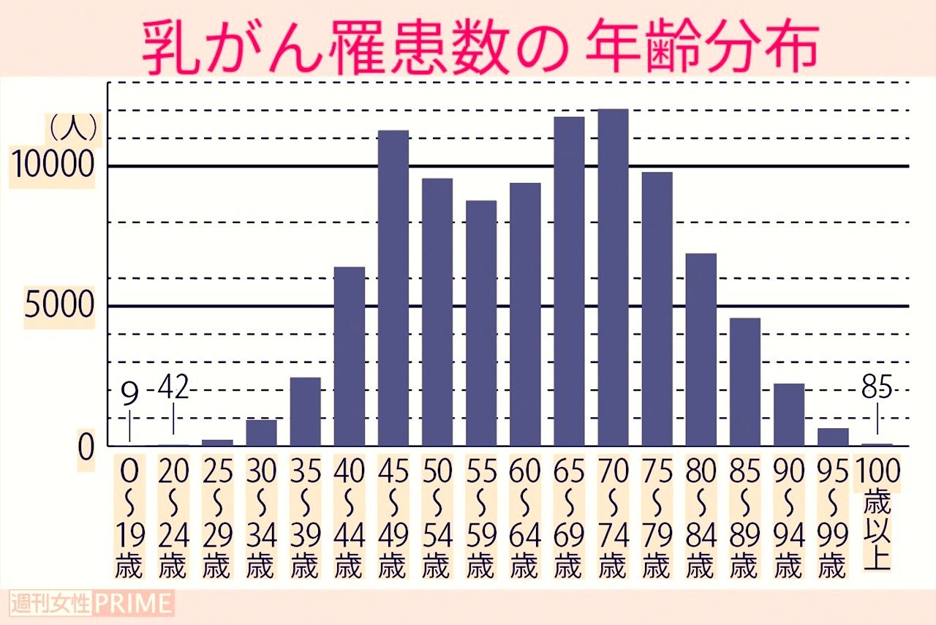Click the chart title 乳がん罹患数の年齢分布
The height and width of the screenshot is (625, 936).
point(479,48)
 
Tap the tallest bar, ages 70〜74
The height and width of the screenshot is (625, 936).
point(613,277)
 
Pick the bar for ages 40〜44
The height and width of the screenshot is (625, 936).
point(350,356)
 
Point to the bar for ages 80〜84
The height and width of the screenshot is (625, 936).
point(701,349)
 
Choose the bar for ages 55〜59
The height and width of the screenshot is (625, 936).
point(481,323)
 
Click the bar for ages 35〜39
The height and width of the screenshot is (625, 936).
point(305,411)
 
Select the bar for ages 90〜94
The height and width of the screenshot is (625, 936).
point(789,414)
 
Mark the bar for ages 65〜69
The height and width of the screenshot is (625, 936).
point(569,281)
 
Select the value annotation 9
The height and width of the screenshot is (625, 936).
point(129,395)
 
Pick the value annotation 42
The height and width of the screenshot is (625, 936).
point(173,388)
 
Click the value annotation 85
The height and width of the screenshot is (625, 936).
point(876,388)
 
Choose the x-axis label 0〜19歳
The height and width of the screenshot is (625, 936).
point(129,517)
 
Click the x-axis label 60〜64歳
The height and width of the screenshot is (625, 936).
point(525,517)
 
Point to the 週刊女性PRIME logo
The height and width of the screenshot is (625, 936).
point(92,605)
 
